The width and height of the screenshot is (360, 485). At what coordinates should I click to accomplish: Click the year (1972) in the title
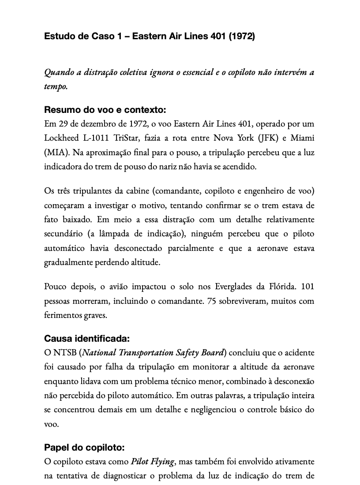[241, 36]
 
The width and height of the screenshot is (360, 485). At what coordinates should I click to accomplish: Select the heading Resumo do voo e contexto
[105, 110]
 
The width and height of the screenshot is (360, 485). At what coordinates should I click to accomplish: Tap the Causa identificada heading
[87, 339]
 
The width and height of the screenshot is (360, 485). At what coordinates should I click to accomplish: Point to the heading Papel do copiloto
[84, 448]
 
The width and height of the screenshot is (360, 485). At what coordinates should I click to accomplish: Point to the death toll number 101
[307, 287]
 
